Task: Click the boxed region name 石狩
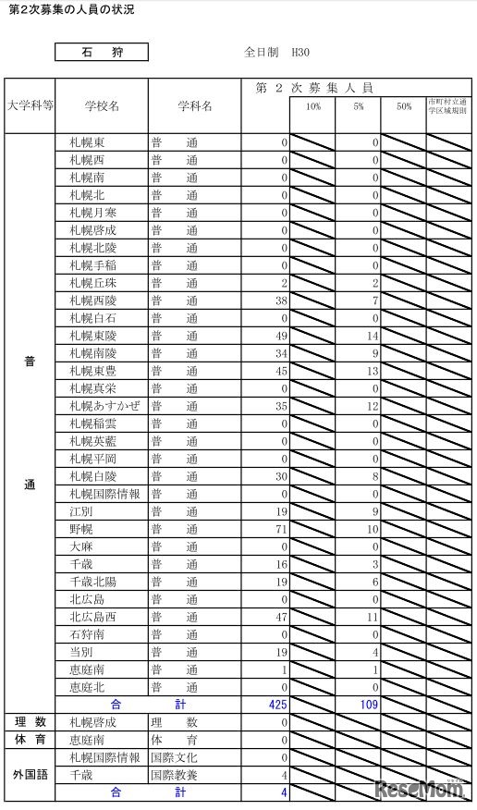tap(101, 54)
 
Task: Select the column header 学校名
tap(101, 106)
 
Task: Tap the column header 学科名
tap(194, 106)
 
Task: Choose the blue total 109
tap(369, 705)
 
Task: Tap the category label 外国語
tap(30, 767)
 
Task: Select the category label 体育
tap(30, 740)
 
